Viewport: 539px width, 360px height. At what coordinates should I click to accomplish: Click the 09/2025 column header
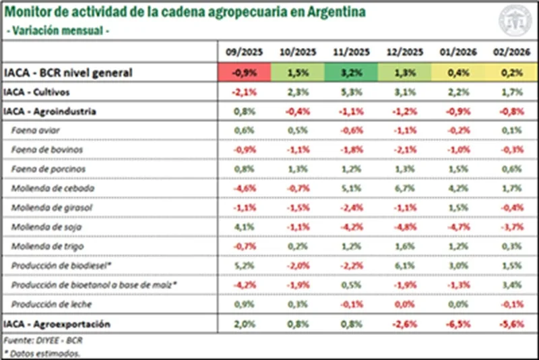click(243, 52)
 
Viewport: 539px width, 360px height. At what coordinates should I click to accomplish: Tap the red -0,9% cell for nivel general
click(243, 72)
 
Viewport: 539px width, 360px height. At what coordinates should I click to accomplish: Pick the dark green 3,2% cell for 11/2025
click(351, 72)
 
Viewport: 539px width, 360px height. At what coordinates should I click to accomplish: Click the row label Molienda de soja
click(42, 227)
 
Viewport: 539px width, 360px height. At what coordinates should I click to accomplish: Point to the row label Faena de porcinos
click(44, 169)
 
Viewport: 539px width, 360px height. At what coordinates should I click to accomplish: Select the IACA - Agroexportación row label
click(57, 324)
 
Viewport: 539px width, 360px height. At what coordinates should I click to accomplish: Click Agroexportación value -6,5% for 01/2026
click(459, 324)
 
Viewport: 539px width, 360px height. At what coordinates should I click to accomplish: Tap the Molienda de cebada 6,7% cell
click(405, 188)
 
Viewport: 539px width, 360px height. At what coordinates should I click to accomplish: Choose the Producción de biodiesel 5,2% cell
click(243, 266)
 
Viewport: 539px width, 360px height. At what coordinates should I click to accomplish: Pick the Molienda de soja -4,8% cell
click(405, 227)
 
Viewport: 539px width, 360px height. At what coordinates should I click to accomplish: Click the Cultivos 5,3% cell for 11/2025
click(351, 92)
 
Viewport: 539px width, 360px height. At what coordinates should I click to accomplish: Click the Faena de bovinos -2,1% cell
click(405, 149)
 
